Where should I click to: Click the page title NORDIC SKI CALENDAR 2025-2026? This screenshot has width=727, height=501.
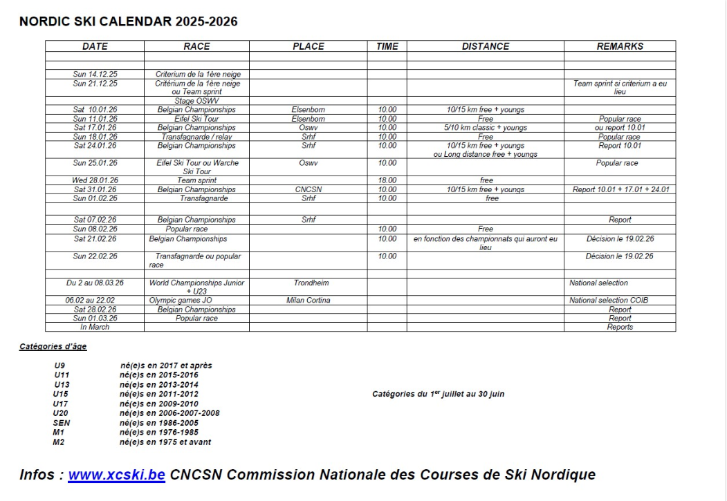(x=129, y=22)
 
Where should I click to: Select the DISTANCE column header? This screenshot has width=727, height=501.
(x=485, y=46)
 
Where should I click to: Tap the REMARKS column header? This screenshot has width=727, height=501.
(x=620, y=46)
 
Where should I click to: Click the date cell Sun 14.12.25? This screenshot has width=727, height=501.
(x=95, y=74)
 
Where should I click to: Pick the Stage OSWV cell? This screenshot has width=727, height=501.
(x=196, y=100)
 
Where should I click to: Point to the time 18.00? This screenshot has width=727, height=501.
(x=387, y=180)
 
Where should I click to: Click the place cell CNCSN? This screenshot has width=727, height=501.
(x=308, y=189)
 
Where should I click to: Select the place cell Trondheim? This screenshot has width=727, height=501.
(x=308, y=283)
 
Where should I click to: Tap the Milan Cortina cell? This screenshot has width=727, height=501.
(x=308, y=301)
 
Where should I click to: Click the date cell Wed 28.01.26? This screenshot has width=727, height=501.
(x=95, y=180)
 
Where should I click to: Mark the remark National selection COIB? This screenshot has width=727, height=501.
(x=609, y=301)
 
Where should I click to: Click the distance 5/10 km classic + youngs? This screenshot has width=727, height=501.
(x=485, y=127)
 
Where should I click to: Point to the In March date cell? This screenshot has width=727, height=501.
(x=95, y=328)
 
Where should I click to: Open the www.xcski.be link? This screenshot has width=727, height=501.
(x=116, y=475)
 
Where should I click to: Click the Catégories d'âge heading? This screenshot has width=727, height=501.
(x=52, y=346)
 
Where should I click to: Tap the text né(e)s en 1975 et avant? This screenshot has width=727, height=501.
(x=165, y=442)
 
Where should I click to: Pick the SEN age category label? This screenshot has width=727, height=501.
(x=62, y=423)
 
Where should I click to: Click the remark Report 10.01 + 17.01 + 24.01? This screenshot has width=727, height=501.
(x=620, y=189)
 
